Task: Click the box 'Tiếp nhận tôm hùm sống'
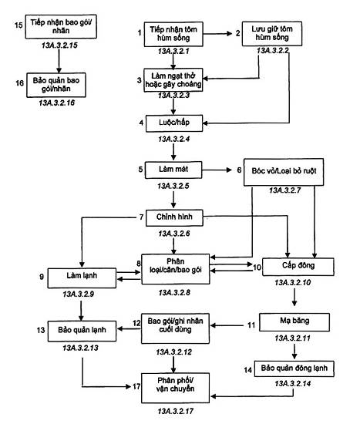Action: pos(173,34)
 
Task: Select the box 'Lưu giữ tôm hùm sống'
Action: pos(272,34)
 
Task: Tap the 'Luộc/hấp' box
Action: pos(174,123)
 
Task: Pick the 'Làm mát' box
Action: pos(173,170)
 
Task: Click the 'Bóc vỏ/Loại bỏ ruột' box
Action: pos(284,172)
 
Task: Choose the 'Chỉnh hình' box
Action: pos(174,217)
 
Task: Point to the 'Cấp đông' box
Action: pos(298,267)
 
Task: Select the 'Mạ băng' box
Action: pos(294,322)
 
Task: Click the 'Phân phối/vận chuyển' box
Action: pos(175,388)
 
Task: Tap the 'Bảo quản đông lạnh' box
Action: pos(294,368)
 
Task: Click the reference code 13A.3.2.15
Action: pos(59,45)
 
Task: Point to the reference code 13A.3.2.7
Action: pos(284,190)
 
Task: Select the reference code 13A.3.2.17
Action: pos(175,412)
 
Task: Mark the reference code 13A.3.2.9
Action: pos(78,294)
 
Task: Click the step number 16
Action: pos(19,83)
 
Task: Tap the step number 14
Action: pos(247,370)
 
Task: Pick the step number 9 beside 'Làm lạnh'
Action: pos(42,277)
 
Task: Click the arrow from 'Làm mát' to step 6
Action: pos(217,170)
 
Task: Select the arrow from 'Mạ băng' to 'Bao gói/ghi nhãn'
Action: pos(227,325)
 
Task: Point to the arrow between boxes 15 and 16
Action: pos(59,61)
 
